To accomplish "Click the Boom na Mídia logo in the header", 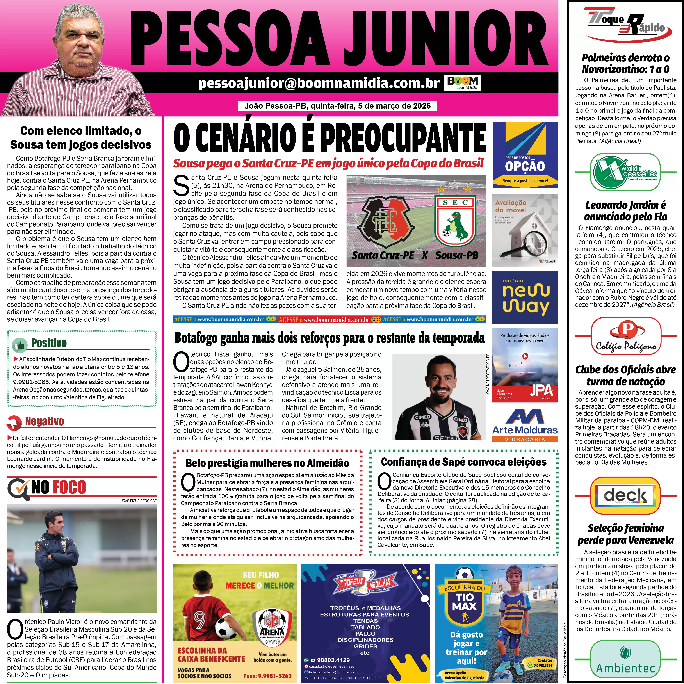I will (x=462, y=83).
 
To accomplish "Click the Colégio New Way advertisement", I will (x=525, y=297).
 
